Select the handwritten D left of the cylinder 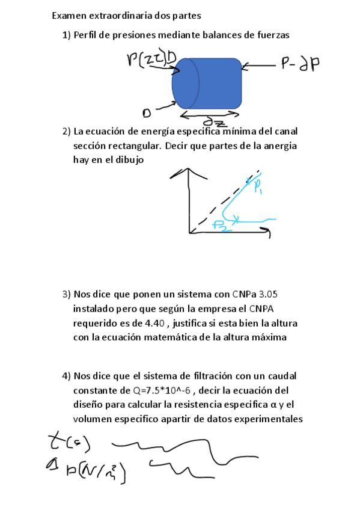point(146,113)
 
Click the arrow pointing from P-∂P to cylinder point(258,65)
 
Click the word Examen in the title point(70,14)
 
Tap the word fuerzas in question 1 point(271,35)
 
